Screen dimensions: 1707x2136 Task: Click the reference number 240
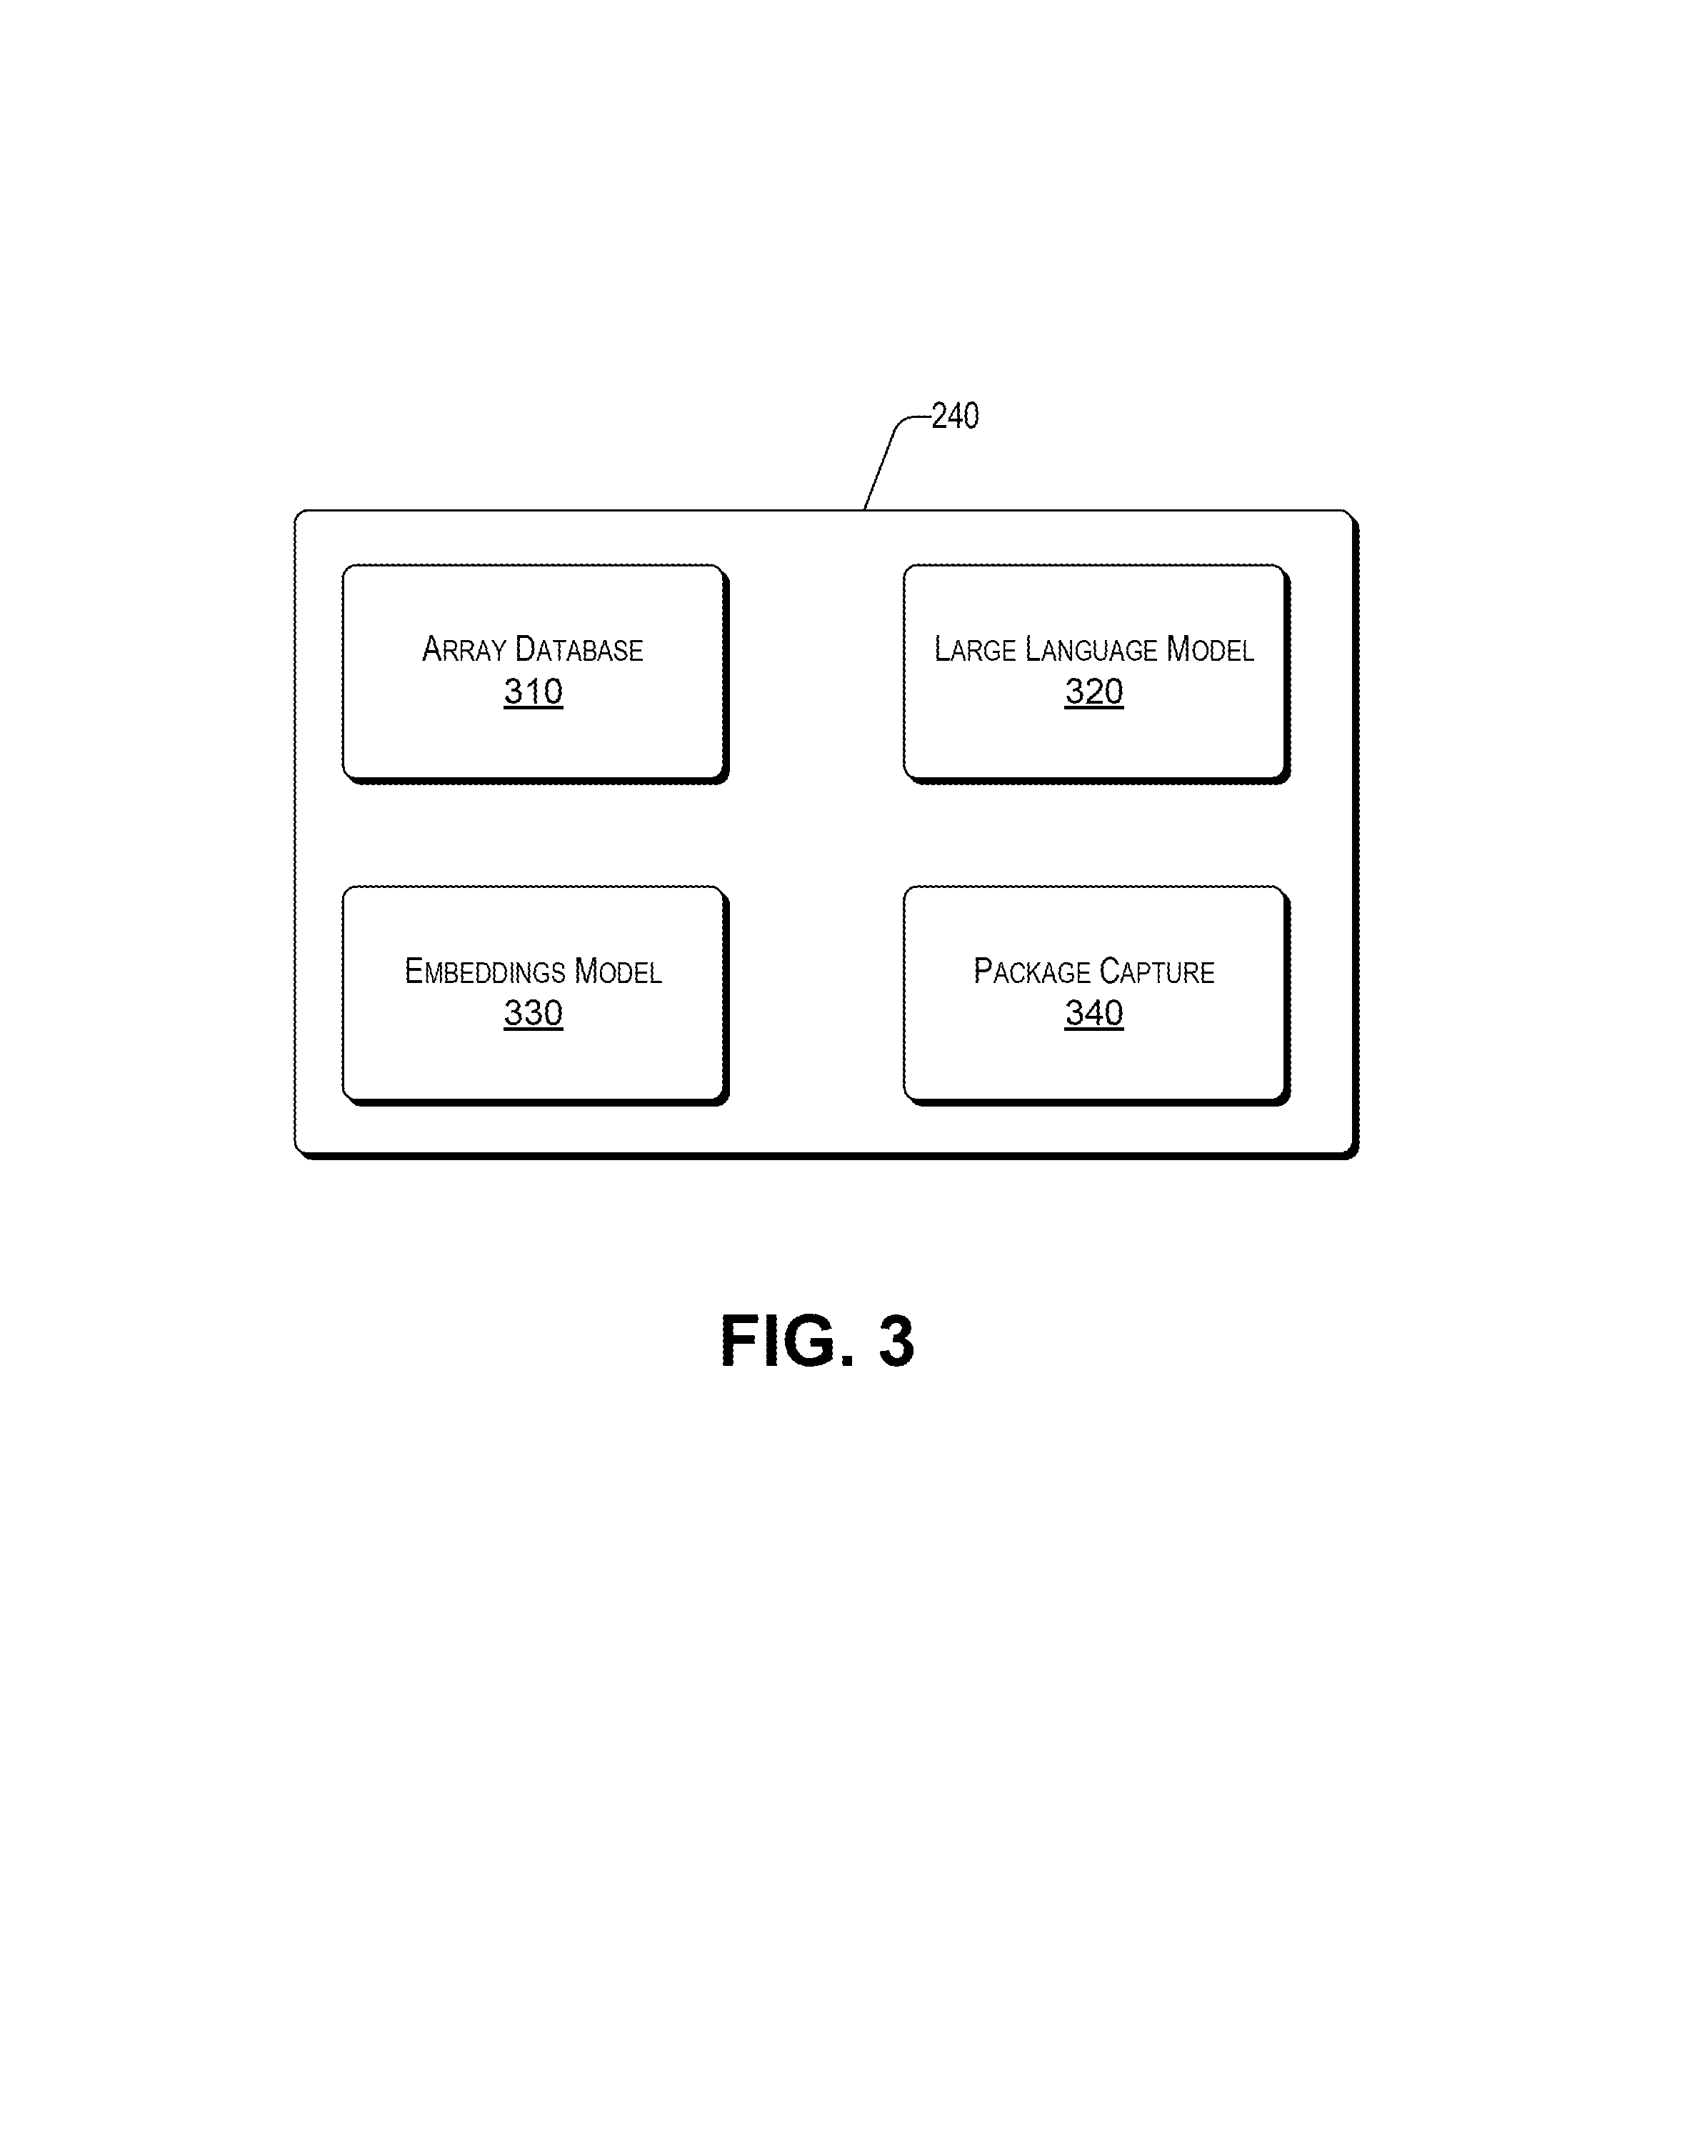[x=955, y=415]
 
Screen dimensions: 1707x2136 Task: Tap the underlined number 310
[x=533, y=692]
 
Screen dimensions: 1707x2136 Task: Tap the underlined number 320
[x=1093, y=692]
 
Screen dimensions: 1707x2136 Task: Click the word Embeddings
[x=484, y=971]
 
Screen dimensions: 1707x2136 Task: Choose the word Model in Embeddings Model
[x=619, y=971]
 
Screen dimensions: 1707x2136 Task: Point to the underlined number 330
[x=533, y=1012]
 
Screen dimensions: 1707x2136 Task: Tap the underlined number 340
[x=1093, y=1012]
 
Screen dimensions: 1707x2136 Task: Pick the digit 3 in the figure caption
[x=896, y=1342]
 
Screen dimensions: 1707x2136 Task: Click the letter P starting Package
[x=983, y=971]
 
